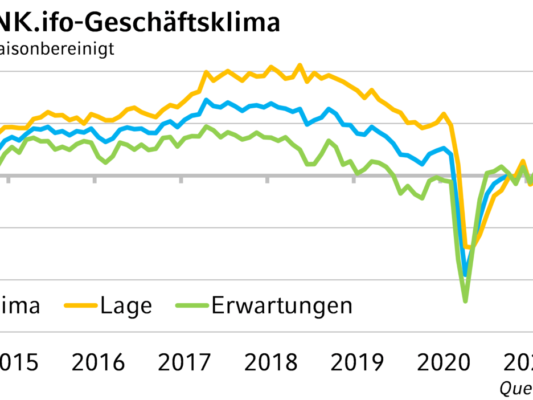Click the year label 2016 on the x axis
(x=99, y=362)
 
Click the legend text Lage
(x=126, y=306)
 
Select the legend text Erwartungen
(x=282, y=306)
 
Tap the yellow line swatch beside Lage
(x=81, y=306)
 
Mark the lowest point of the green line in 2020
(x=465, y=301)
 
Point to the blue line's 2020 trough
(x=465, y=275)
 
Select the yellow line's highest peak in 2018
(x=300, y=66)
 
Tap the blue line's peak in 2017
(x=206, y=100)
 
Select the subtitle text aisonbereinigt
(x=57, y=48)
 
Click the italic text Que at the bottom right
(x=515, y=389)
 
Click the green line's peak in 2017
(x=206, y=126)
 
